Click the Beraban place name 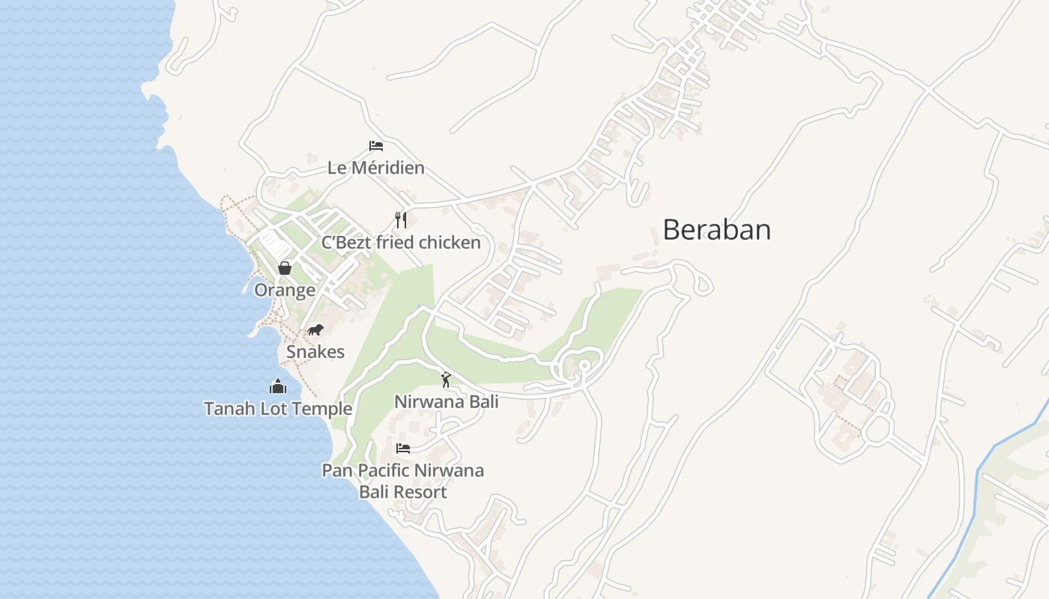coord(716,230)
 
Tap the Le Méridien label coord(376,168)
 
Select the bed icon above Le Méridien coord(376,145)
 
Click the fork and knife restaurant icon coord(401,219)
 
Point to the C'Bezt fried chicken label coord(401,243)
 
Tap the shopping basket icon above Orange coord(285,267)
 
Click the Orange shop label coord(285,290)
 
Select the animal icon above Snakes coord(315,329)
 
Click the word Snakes coord(315,352)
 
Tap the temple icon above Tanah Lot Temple coord(278,386)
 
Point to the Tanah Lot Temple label coord(278,409)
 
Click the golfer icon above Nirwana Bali coord(447,380)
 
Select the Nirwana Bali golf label coord(447,402)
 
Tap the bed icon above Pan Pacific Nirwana coord(403,449)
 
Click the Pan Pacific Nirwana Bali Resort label coord(403,481)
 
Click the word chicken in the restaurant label coord(449,243)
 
